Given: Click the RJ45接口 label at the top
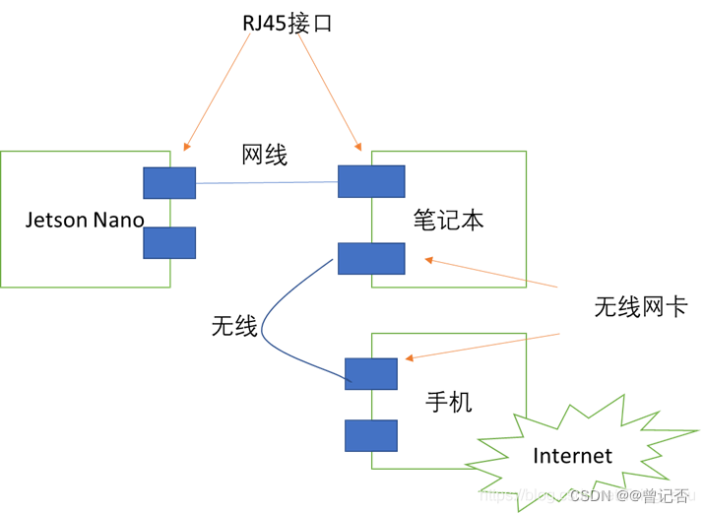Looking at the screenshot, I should pos(288,23).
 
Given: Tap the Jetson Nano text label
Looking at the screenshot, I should pos(85,219).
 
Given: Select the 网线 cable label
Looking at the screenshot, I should pos(265,155).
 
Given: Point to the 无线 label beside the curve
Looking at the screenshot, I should pos(234,326).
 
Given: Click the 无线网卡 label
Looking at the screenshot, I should pos(640,306).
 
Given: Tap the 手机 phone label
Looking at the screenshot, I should pos(448,402).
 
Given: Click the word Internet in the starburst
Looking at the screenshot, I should pos(572,455).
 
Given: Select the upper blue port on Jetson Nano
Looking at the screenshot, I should pos(169,183).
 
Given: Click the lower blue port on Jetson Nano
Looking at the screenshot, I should pos(169,242).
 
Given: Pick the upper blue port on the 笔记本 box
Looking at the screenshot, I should pos(371,181).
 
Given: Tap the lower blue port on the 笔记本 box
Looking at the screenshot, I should pos(371,258).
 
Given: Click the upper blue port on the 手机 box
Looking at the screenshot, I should pos(371,373).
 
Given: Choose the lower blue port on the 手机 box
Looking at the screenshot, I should pos(371,435).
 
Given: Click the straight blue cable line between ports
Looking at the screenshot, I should pos(266,182).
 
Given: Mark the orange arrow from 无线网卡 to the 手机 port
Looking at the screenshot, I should pos(482,346).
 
